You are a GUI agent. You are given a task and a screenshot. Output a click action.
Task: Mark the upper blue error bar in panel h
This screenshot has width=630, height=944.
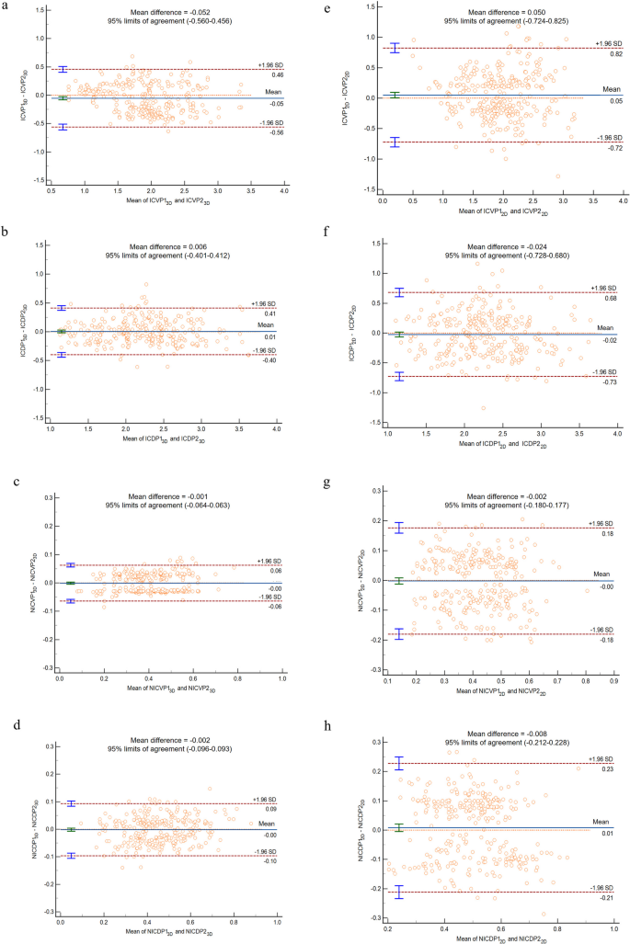click(398, 763)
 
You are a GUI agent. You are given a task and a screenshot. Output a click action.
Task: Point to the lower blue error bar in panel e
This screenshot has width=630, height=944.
click(394, 142)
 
